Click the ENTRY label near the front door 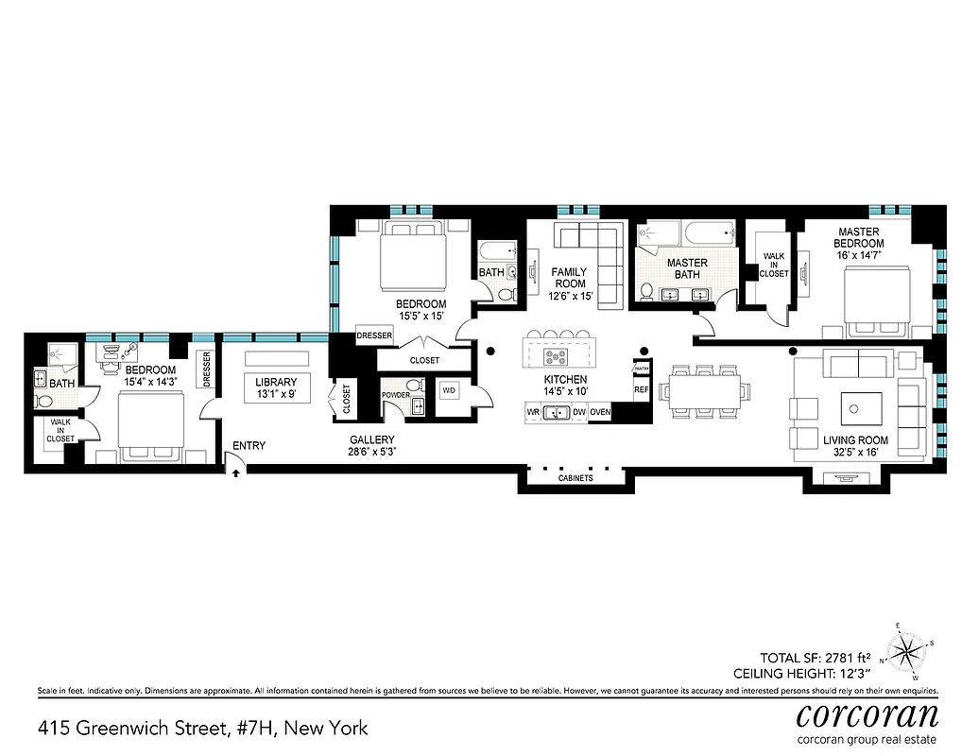[250, 446]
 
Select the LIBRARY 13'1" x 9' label [275, 388]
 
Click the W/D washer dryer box [449, 389]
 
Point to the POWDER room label [395, 395]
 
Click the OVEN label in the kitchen [600, 412]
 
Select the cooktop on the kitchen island [557, 356]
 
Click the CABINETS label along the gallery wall [575, 478]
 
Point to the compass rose [909, 650]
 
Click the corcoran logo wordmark [867, 713]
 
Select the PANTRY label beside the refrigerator [641, 369]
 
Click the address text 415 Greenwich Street [202, 728]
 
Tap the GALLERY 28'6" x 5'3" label [371, 446]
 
